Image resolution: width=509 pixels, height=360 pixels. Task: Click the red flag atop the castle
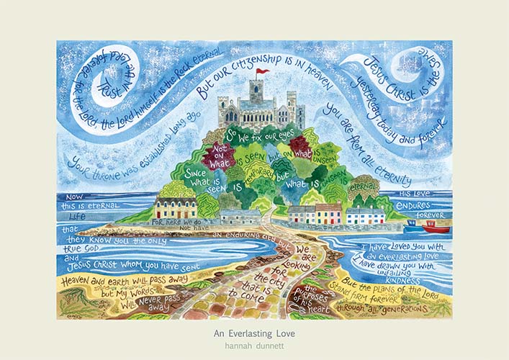[263, 71]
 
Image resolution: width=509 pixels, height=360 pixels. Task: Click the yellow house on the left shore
[176, 208]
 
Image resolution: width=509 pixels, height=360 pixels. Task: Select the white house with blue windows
[366, 215]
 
